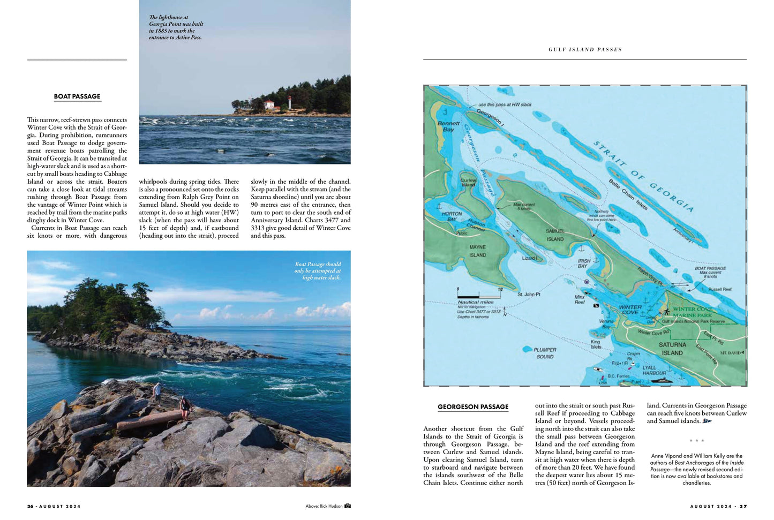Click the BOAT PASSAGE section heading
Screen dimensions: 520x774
click(77, 96)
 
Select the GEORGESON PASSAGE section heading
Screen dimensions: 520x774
click(473, 406)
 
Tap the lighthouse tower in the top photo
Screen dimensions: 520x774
click(290, 102)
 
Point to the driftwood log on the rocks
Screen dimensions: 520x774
click(149, 420)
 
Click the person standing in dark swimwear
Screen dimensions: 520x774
click(185, 406)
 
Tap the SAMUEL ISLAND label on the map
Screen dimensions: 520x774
click(555, 235)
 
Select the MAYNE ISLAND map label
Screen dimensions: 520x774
click(477, 251)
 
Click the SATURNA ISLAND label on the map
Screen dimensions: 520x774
click(672, 349)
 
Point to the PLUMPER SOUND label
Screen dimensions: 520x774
click(545, 353)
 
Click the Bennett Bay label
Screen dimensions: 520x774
click(448, 126)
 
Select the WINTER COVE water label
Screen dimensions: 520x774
click(630, 310)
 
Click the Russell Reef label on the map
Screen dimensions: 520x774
click(719, 289)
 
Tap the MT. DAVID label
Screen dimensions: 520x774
click(731, 353)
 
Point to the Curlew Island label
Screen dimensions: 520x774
click(468, 183)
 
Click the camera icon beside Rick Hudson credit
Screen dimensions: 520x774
click(348, 506)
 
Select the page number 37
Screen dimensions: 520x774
click(743, 506)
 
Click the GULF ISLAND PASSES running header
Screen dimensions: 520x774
click(585, 49)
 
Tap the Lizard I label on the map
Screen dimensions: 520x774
click(529, 258)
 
